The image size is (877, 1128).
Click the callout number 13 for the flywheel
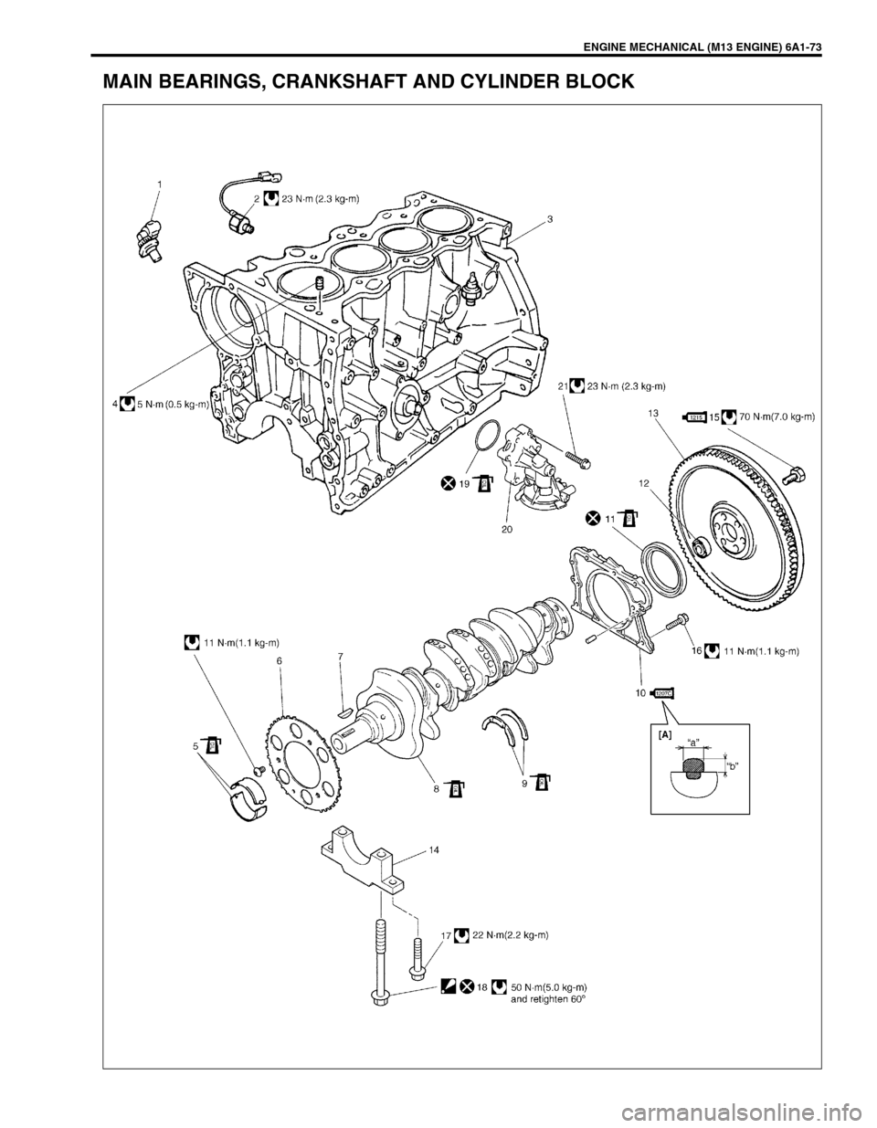pos(653,414)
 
